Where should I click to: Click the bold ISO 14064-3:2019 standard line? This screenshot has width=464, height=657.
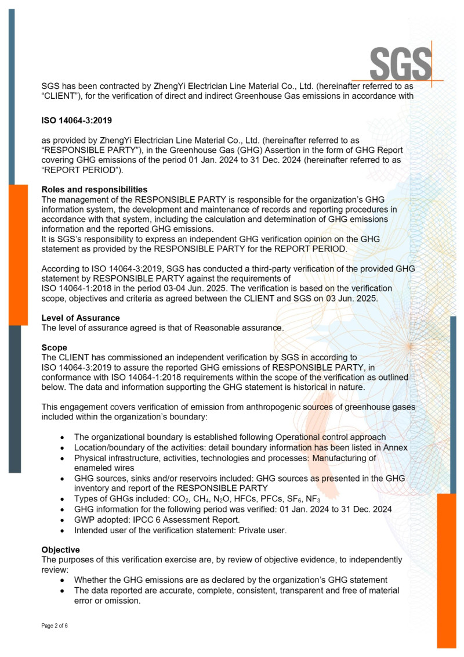[x=77, y=121]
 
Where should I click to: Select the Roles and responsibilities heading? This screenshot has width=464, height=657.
[x=94, y=189]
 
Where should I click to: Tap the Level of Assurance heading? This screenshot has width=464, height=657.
[x=81, y=318]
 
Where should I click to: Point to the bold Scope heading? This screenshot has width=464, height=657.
[x=54, y=347]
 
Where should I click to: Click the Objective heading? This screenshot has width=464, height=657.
[x=60, y=550]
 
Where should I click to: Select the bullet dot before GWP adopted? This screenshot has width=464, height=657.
[x=63, y=519]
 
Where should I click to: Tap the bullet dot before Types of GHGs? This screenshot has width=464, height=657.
[x=63, y=500]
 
